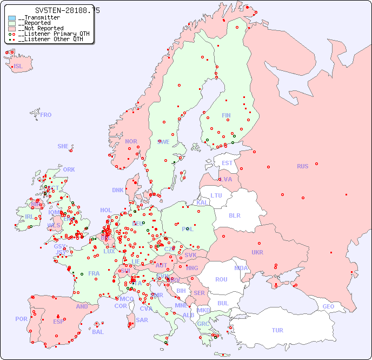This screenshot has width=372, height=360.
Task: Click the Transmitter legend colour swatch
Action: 12,18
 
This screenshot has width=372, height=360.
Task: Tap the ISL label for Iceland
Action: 18,67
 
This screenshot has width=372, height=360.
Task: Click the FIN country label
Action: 226,115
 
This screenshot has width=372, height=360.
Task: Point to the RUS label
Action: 302,166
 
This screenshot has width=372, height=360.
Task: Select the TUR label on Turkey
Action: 277,330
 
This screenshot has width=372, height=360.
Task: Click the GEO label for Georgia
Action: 328,306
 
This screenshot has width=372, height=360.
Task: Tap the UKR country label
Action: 257,252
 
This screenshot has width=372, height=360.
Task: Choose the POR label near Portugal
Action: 21,319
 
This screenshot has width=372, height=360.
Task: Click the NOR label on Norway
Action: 131,141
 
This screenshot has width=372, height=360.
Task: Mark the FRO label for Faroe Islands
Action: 46,115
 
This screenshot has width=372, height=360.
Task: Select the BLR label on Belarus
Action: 235,215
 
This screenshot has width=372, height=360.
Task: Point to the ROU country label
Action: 221,279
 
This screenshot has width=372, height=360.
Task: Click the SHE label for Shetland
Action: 63,146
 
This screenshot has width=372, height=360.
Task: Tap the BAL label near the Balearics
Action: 98,332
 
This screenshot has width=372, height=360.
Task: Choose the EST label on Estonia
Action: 227,163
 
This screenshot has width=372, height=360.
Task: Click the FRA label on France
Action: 94,273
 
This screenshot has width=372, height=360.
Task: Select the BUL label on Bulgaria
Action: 223,303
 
